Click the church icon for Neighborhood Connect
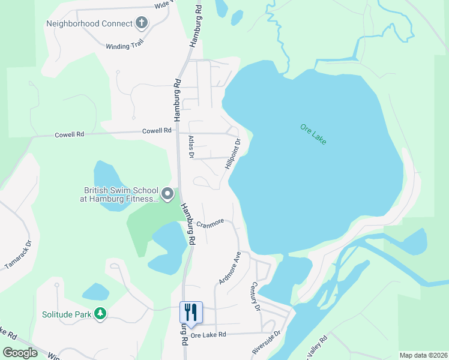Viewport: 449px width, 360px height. click(142, 23)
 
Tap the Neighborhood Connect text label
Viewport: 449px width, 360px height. click(89, 24)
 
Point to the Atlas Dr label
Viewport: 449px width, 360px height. click(191, 146)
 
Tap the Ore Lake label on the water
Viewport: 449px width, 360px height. click(313, 134)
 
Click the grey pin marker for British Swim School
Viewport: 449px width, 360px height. click(167, 194)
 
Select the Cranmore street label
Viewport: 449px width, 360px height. click(210, 222)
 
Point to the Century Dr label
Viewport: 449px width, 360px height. click(255, 296)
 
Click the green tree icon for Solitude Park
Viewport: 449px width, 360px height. click(100, 313)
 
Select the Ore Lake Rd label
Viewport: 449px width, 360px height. click(208, 335)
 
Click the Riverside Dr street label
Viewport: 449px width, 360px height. click(267, 342)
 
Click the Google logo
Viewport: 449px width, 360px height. click(20, 352)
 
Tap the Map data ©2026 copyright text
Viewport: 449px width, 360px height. click(423, 355)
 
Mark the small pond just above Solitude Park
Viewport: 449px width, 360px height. click(95, 292)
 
